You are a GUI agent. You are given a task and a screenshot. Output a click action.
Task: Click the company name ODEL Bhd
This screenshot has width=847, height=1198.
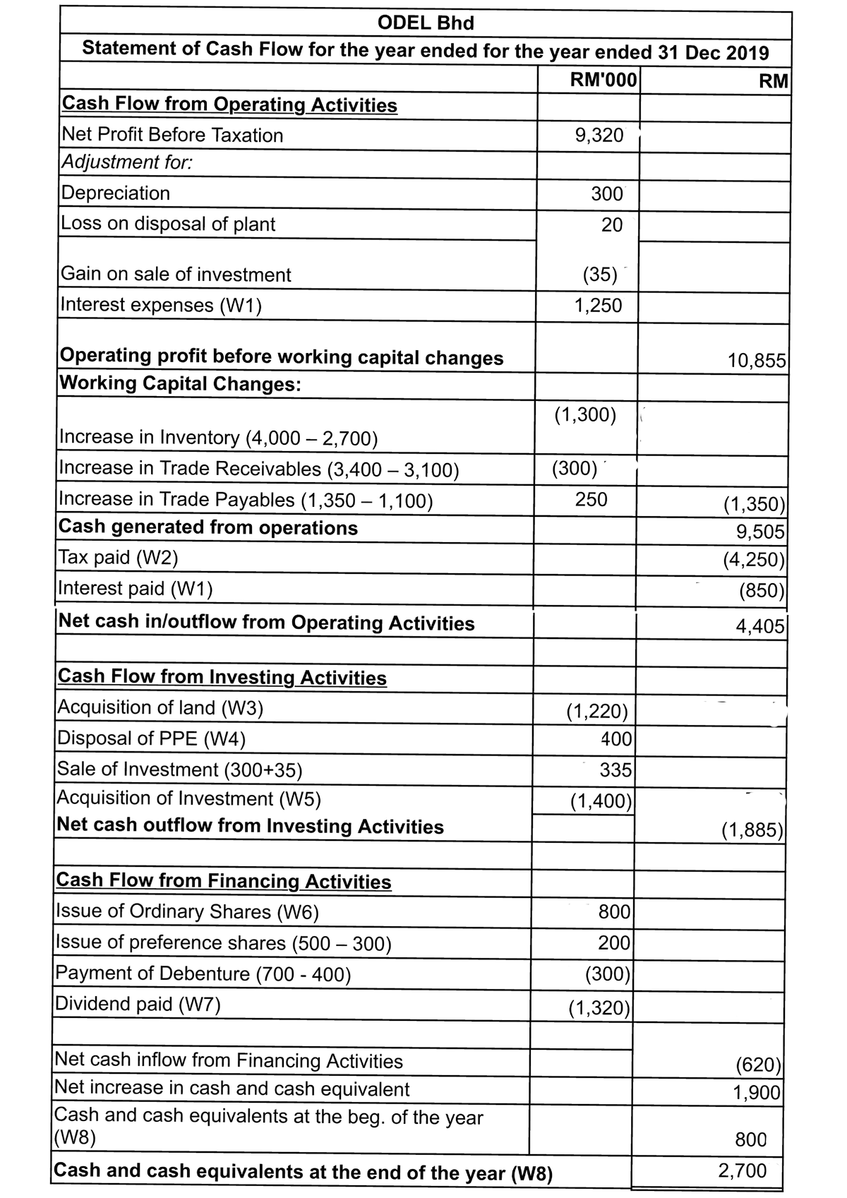point(426,23)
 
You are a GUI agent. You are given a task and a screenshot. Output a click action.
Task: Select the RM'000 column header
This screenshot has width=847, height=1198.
point(603,78)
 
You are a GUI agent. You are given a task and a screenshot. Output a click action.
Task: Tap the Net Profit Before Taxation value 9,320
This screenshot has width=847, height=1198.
point(599,136)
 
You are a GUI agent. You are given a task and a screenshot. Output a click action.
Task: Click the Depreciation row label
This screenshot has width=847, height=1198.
point(116,193)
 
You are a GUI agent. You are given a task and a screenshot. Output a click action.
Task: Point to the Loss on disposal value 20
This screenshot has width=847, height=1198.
point(611,225)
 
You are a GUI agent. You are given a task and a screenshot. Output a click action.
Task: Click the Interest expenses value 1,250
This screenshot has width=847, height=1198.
point(598,306)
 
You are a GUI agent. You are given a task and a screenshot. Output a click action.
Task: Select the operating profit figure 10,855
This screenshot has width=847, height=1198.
point(757,361)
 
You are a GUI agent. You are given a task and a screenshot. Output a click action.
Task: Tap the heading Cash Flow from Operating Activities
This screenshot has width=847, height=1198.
point(229,104)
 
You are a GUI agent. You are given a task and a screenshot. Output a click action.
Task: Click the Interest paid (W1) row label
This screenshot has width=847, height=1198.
point(136,588)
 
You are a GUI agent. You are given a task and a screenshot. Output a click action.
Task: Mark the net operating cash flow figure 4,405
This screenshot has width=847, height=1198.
point(760,626)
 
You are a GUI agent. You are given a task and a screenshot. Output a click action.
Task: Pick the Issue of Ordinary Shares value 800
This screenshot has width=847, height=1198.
point(614,912)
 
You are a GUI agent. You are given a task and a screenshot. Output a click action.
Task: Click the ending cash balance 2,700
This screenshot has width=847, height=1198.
point(742,1171)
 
